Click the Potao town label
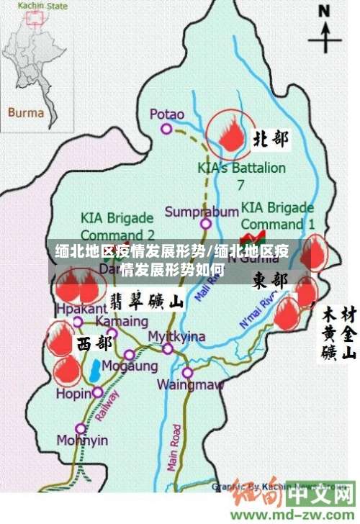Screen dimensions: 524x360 (x=167, y=114)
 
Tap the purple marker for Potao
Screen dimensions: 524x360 (x=166, y=130)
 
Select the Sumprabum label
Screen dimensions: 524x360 (x=201, y=212)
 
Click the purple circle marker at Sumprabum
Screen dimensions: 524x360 (x=206, y=224)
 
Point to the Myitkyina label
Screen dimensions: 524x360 (x=176, y=336)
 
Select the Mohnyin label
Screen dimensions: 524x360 (x=82, y=440)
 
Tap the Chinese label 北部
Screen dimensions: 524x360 (x=271, y=139)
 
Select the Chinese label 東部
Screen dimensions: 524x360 (x=271, y=279)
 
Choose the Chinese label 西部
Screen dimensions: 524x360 (x=94, y=343)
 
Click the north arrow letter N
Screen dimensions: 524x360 (x=325, y=12)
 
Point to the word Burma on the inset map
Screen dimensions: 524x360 (x=26, y=112)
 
